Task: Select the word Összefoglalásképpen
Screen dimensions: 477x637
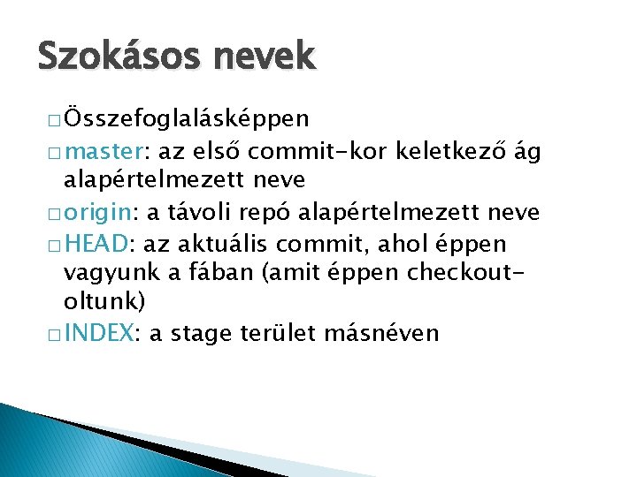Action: (x=187, y=118)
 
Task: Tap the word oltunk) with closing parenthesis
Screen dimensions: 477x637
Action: (x=104, y=303)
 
